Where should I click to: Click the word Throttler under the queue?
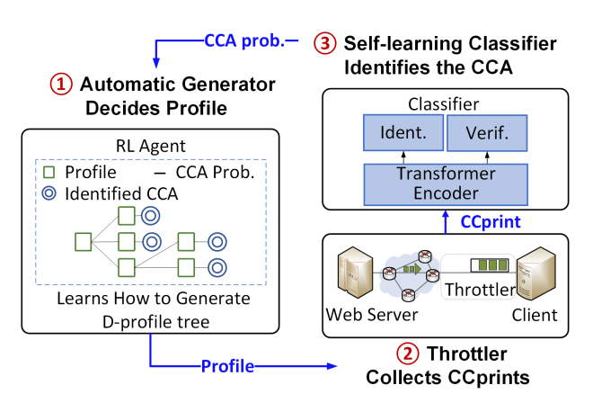476,291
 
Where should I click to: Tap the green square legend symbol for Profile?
50,171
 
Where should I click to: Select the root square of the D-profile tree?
83,241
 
